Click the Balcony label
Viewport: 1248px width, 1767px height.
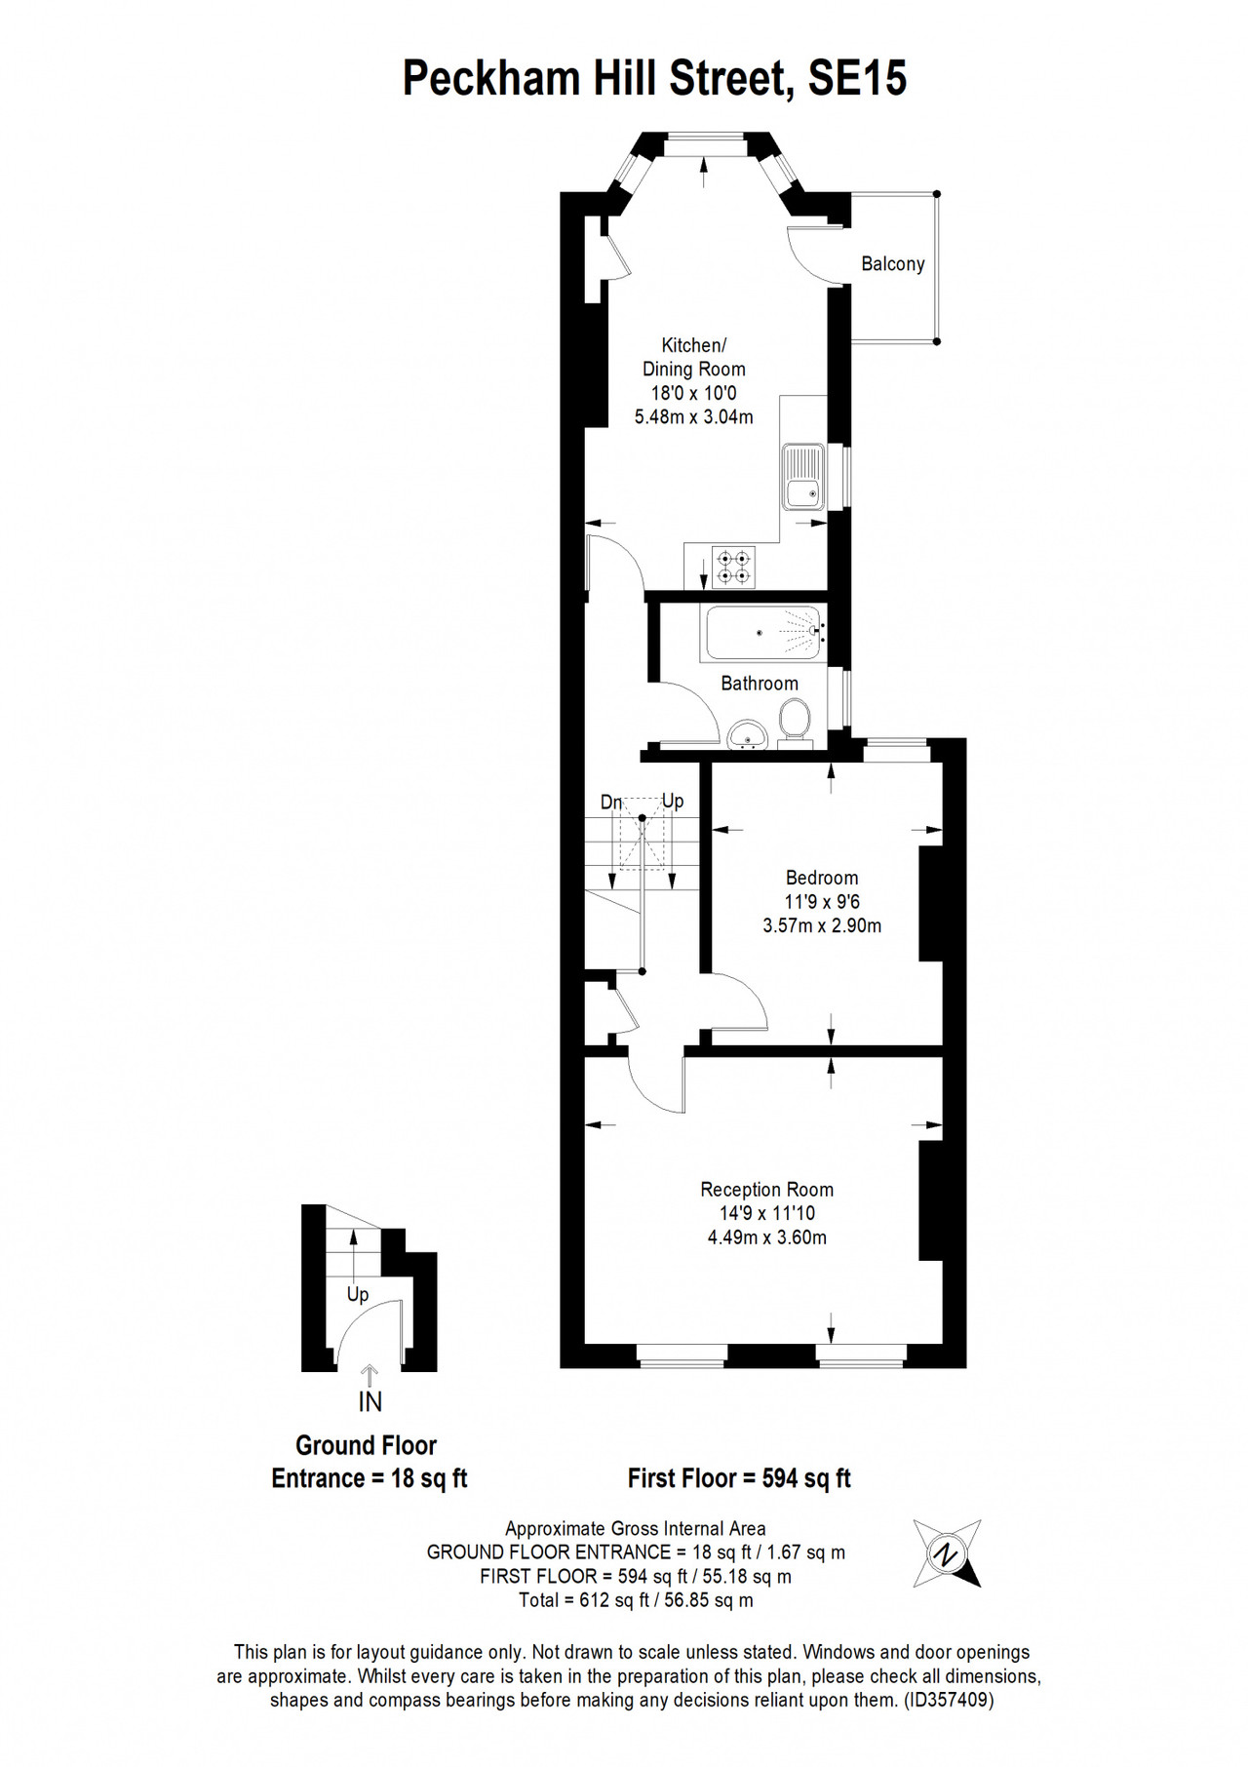892,264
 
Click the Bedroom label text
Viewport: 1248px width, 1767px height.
822,878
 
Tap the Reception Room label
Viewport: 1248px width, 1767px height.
767,1190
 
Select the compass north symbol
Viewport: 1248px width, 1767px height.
947,1553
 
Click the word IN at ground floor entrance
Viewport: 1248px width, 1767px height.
370,1402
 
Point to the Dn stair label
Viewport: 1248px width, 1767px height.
611,803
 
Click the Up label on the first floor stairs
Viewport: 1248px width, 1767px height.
673,802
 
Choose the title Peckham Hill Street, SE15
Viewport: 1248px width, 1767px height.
655,78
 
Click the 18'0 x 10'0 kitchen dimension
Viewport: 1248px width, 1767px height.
694,393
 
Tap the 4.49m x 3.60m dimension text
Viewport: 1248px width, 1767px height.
767,1237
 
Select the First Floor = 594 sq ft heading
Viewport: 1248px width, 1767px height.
739,1478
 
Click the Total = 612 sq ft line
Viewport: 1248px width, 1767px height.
636,1600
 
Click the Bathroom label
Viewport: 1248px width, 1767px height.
760,684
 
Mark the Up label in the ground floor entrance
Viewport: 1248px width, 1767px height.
358,1295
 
